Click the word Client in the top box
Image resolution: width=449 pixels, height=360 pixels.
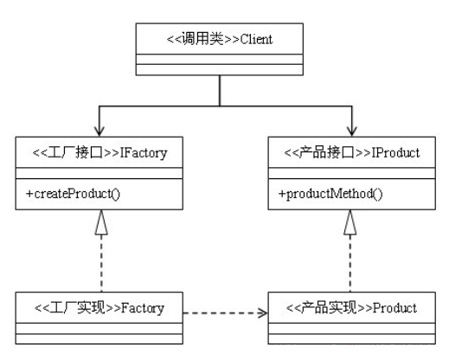tap(256, 39)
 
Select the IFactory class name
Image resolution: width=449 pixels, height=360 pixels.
tap(144, 153)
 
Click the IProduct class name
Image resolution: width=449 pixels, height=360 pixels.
tap(395, 152)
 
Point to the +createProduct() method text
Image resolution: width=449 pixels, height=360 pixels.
tap(73, 194)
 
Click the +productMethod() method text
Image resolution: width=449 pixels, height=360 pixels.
tap(330, 194)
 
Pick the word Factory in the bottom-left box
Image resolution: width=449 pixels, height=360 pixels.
tap(143, 308)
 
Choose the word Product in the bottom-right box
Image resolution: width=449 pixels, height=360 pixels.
tap(394, 308)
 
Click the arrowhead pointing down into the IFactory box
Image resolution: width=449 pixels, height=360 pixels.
tap(99, 132)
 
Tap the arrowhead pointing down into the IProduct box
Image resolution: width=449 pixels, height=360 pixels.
tap(351, 132)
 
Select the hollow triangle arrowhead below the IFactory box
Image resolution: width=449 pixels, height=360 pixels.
tap(101, 222)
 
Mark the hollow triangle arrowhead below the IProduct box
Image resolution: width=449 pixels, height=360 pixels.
tap(350, 222)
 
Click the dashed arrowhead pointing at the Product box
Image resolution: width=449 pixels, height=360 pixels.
tap(263, 313)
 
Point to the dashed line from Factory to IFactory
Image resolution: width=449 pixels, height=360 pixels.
tap(101, 263)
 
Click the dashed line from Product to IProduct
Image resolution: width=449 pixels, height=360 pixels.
tap(350, 263)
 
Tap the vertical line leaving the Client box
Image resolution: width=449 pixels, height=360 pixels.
tap(220, 91)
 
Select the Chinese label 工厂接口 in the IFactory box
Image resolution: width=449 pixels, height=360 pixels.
tap(75, 153)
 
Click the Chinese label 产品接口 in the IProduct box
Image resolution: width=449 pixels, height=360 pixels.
tap(327, 152)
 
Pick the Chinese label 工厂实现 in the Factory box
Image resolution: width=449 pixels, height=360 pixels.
tap(77, 308)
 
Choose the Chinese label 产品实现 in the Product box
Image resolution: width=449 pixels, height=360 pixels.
tap(329, 308)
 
